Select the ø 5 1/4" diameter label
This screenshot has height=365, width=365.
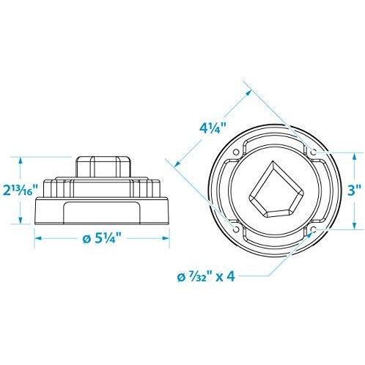click(x=103, y=239)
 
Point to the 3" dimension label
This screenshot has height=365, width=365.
click(x=354, y=191)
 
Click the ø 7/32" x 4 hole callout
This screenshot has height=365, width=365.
click(x=206, y=277)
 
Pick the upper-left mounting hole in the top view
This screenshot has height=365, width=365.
click(x=236, y=152)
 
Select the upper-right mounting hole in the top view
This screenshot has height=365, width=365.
click(x=314, y=152)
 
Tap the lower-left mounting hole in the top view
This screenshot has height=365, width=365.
click(x=236, y=229)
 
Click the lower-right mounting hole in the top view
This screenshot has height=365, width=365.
click(x=314, y=229)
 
